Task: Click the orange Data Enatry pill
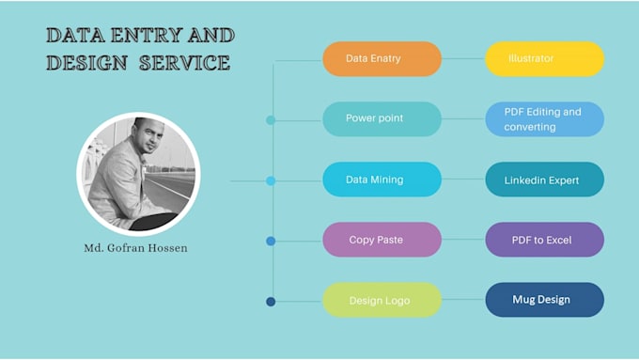[382, 59]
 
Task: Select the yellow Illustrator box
[544, 59]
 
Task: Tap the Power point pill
[382, 119]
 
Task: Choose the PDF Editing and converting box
[544, 119]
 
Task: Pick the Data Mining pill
[382, 180]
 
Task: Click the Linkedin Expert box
[544, 180]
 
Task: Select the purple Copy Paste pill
[382, 240]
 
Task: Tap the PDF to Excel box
[544, 240]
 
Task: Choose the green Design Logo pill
[382, 301]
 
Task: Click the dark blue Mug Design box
[544, 300]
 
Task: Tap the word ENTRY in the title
[149, 37]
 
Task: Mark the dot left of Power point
[271, 120]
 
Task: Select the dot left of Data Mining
[271, 180]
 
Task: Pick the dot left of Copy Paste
[271, 241]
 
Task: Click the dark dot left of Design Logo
[271, 302]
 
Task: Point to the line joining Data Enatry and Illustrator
[463, 59]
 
